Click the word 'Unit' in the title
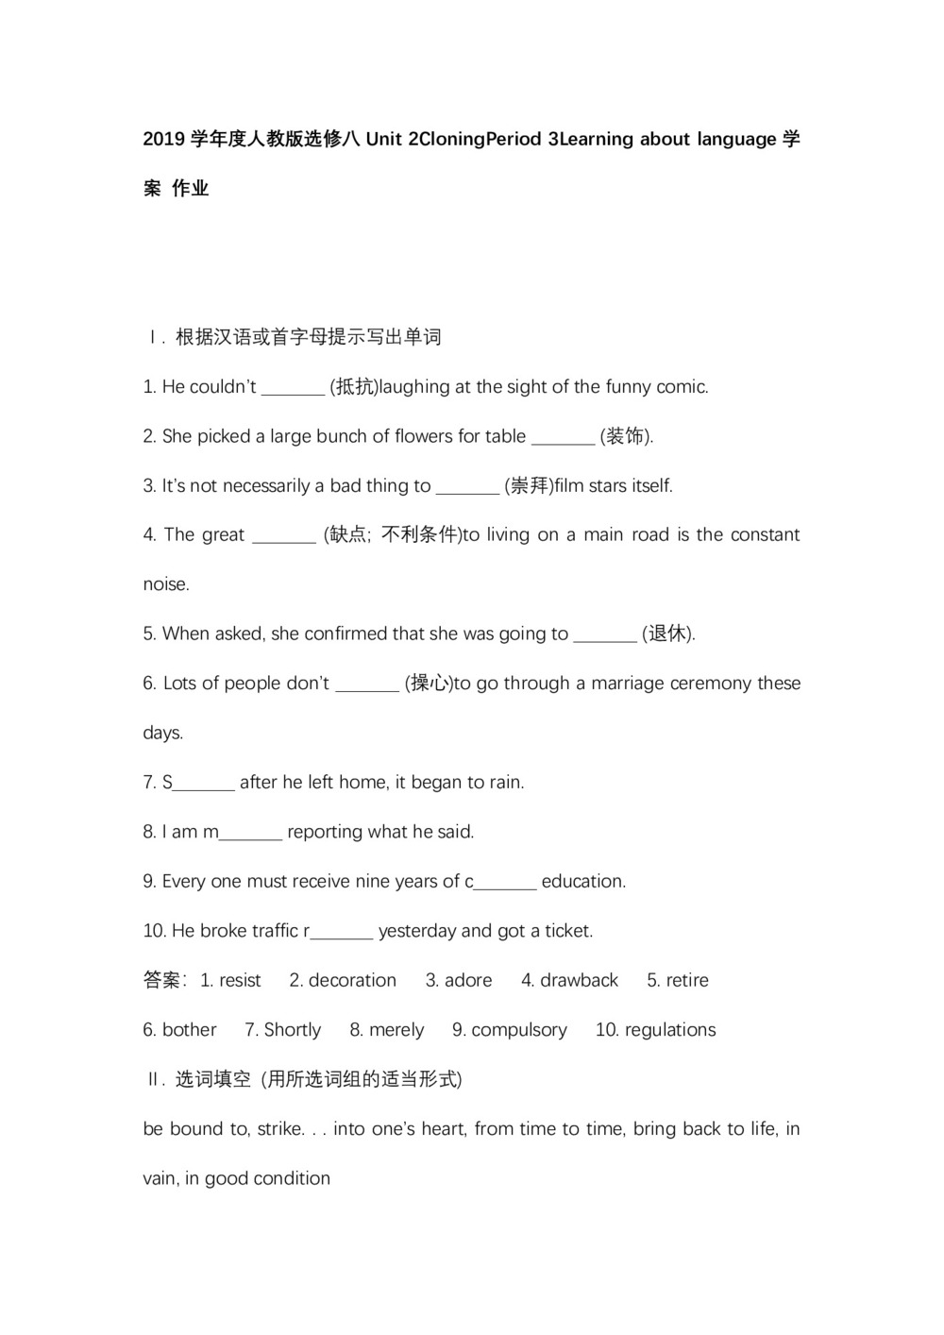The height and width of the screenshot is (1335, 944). point(383,140)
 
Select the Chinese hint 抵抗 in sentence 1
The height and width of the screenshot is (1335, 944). point(353,387)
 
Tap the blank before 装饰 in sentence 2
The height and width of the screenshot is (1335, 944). point(563,437)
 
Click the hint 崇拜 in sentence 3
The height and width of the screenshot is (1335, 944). point(529,486)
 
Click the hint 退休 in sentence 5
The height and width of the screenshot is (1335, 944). point(667,634)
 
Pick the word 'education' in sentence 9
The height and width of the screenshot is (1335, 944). point(582,882)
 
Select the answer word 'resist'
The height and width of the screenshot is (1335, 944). point(240,981)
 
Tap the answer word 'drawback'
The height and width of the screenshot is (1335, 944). point(579,981)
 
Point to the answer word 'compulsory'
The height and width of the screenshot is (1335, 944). point(519,1030)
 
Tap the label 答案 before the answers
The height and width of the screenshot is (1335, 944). point(162,981)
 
